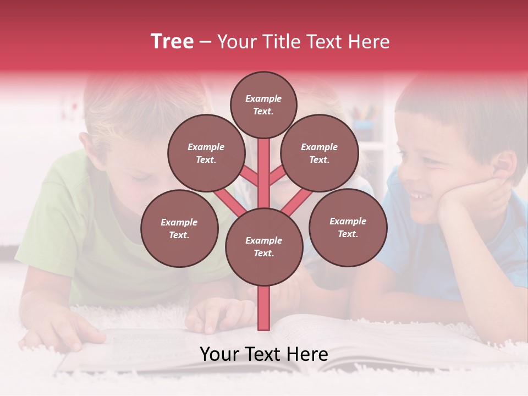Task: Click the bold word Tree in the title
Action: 172,42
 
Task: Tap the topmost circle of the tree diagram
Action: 263,105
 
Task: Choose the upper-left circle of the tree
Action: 206,153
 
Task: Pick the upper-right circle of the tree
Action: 320,153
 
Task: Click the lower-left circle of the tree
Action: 179,228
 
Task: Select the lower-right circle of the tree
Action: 348,227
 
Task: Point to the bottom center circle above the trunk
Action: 264,246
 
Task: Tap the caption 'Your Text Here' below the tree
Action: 263,354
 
